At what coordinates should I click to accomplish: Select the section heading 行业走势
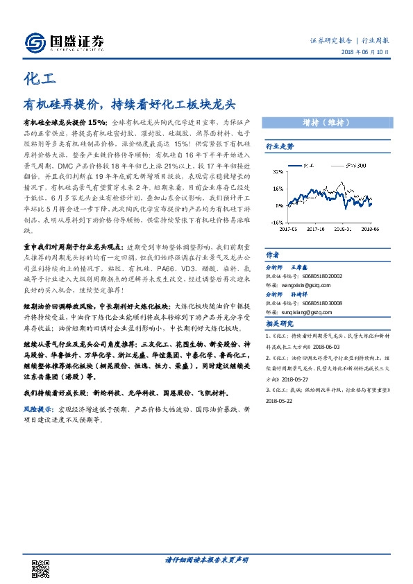280,147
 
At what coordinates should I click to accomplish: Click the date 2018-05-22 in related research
280,401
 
